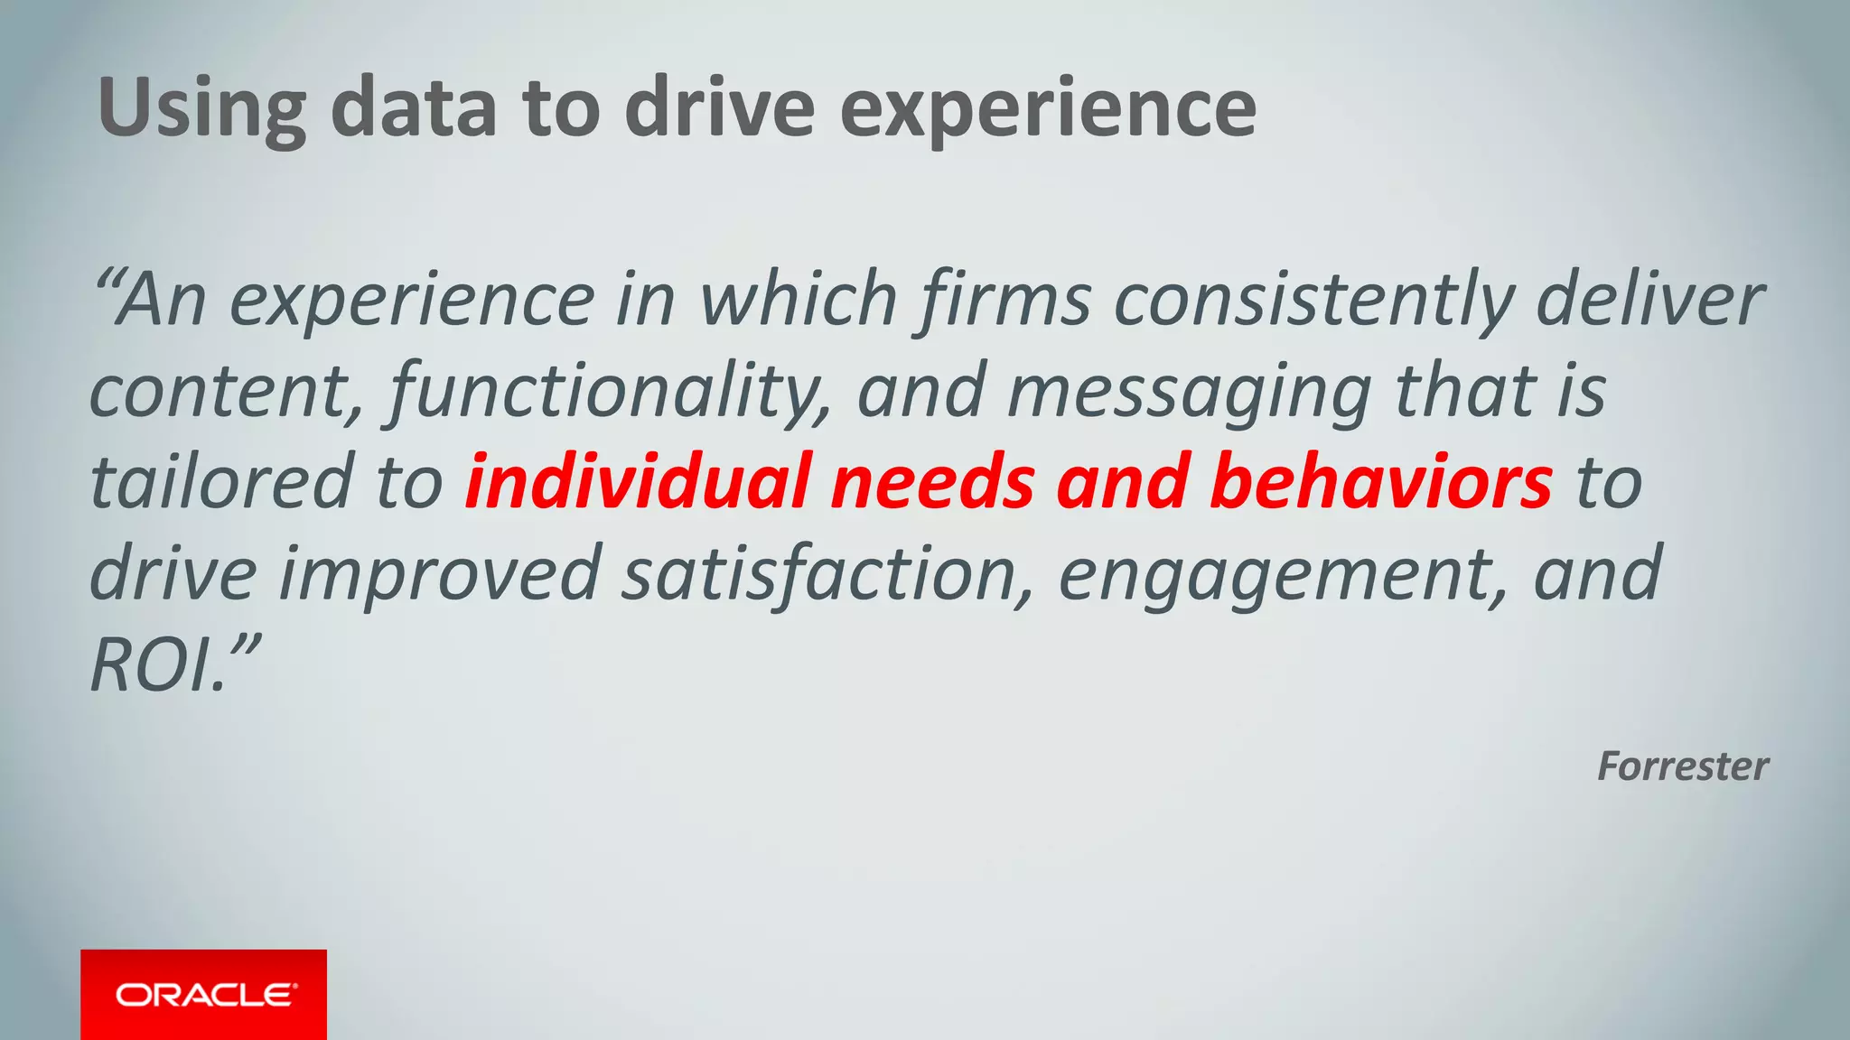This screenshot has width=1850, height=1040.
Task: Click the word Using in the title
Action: (x=201, y=109)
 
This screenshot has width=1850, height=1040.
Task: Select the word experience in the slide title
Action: (x=1048, y=109)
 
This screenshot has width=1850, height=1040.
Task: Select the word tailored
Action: (x=221, y=482)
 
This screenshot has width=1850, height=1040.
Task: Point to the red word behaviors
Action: (x=1381, y=482)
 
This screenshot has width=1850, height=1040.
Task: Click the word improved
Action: (x=441, y=574)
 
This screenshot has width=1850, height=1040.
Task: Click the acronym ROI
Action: (x=154, y=665)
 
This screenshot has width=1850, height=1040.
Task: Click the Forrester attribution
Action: (x=1682, y=766)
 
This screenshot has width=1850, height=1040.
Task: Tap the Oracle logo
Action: (x=204, y=994)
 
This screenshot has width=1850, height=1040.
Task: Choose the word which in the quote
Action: (x=799, y=300)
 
